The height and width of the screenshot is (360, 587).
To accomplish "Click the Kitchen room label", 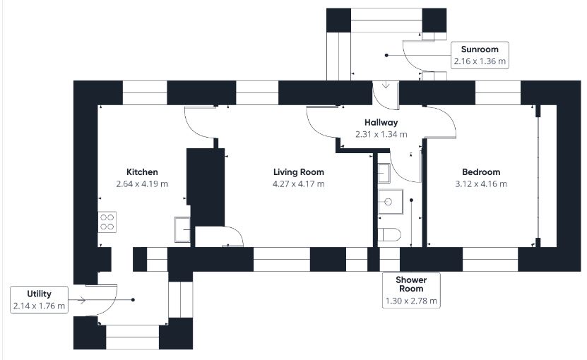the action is [x=142, y=172].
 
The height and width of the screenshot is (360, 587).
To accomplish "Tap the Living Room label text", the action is [x=298, y=172].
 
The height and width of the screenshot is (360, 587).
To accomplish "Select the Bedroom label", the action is [x=481, y=172].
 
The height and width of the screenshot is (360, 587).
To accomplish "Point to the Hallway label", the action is [x=381, y=122].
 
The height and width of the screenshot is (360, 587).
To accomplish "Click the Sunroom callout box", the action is [x=480, y=55].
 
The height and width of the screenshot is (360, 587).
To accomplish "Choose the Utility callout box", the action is [x=39, y=300].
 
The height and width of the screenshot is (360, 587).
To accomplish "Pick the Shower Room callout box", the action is [x=411, y=290].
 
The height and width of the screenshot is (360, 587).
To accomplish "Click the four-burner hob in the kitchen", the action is [x=107, y=222].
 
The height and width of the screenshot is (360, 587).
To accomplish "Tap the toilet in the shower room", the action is [x=389, y=235].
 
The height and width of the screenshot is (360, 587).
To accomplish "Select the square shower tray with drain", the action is [x=391, y=202].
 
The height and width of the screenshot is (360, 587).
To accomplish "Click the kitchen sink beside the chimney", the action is [x=182, y=229].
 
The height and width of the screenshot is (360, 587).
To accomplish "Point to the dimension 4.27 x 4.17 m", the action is [x=298, y=184].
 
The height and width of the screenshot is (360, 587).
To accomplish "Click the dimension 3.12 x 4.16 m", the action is [x=481, y=184].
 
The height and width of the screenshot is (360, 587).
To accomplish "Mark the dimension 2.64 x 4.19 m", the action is [x=142, y=184].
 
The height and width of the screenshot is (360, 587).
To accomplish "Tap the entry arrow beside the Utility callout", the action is [x=78, y=300].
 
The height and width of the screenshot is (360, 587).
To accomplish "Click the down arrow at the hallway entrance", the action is [x=386, y=85].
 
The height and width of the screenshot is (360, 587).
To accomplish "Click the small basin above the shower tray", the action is [x=384, y=173].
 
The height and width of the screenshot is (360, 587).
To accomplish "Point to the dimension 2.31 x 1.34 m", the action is [x=381, y=134].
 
